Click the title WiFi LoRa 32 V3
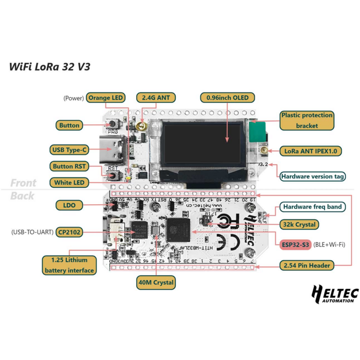[50, 67]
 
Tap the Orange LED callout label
[106, 98]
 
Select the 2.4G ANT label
[156, 98]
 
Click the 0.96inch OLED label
[227, 98]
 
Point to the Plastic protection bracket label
[307, 120]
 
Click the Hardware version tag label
[313, 176]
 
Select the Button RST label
[70, 166]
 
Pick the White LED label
[69, 182]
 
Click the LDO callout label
[69, 205]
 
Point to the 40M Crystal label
[156, 282]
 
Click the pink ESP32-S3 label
[295, 245]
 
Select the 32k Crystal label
[298, 224]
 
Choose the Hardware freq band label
[312, 207]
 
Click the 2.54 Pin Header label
[307, 265]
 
